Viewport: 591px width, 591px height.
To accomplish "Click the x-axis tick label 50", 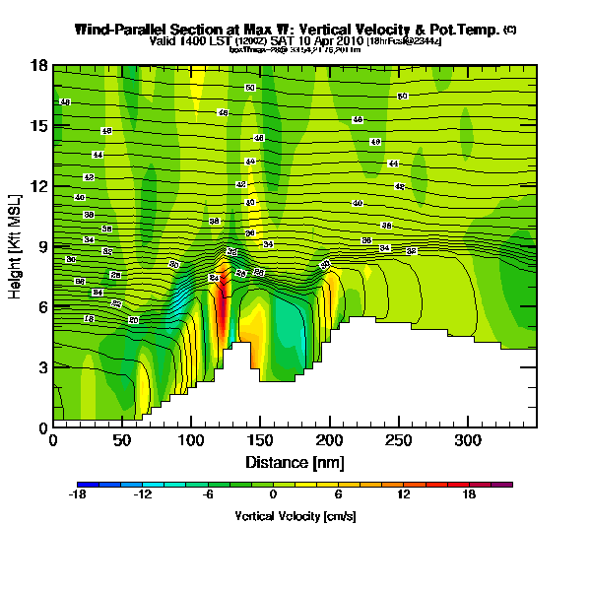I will tap(122, 440).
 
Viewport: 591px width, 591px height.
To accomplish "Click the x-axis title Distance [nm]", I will tap(295, 462).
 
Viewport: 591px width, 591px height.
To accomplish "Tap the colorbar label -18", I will tap(78, 495).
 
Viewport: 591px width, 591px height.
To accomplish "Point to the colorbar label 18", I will tap(469, 495).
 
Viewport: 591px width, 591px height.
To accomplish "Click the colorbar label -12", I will tap(143, 495).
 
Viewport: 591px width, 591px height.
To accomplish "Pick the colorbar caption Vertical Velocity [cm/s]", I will tap(295, 516).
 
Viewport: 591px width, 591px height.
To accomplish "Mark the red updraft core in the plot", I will tap(222, 300).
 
